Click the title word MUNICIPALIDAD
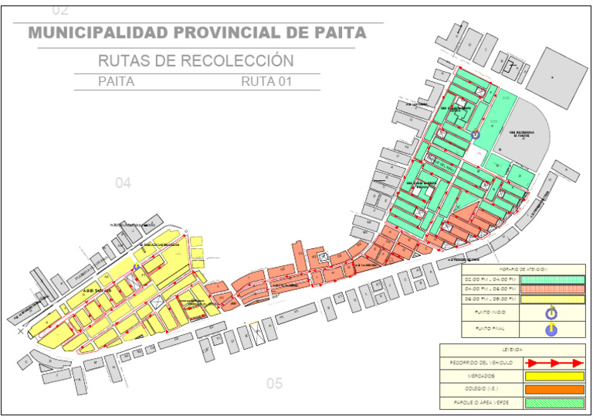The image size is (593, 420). click(x=96, y=33)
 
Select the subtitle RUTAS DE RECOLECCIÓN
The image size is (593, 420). click(x=195, y=61)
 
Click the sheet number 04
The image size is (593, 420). click(x=124, y=183)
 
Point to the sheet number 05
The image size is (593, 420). click(x=275, y=383)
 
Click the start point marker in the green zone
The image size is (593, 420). click(x=476, y=134)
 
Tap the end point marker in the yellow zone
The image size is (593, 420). click(x=137, y=267)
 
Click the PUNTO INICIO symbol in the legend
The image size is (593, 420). click(x=552, y=313)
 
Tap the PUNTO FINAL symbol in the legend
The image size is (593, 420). click(x=552, y=330)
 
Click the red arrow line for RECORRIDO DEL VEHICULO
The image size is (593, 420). click(x=553, y=362)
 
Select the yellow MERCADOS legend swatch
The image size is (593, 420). click(x=553, y=376)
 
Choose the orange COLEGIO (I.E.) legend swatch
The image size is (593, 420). click(x=553, y=389)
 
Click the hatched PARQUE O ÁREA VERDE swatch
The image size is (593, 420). click(x=553, y=403)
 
